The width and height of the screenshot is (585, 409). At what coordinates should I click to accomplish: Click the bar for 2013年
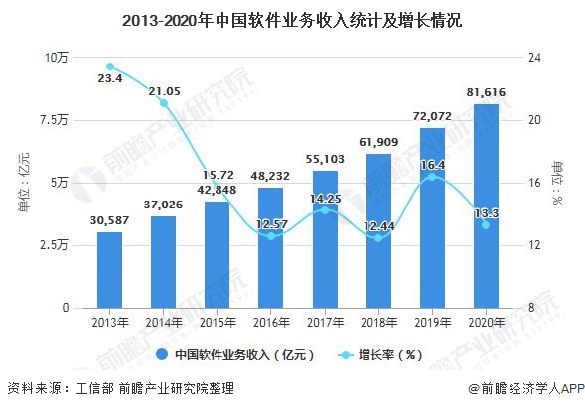click(x=110, y=270)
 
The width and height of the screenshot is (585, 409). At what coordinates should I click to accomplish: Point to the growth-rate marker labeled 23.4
click(x=110, y=67)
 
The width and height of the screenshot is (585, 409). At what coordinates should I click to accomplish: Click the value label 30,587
click(x=110, y=219)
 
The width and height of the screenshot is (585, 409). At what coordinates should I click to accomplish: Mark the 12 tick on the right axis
click(x=535, y=245)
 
